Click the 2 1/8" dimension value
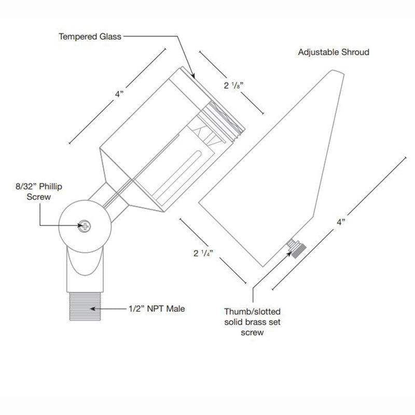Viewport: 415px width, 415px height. click(x=233, y=86)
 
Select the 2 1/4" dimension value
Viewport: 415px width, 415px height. click(x=203, y=253)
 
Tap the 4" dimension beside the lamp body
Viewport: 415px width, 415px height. click(x=120, y=94)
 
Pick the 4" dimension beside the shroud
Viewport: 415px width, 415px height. click(x=341, y=222)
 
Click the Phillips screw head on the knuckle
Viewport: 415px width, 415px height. click(x=84, y=225)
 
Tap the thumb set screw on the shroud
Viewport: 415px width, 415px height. click(x=295, y=247)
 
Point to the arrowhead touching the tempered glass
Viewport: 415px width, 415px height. click(x=193, y=76)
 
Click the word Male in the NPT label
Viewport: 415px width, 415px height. click(x=175, y=309)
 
